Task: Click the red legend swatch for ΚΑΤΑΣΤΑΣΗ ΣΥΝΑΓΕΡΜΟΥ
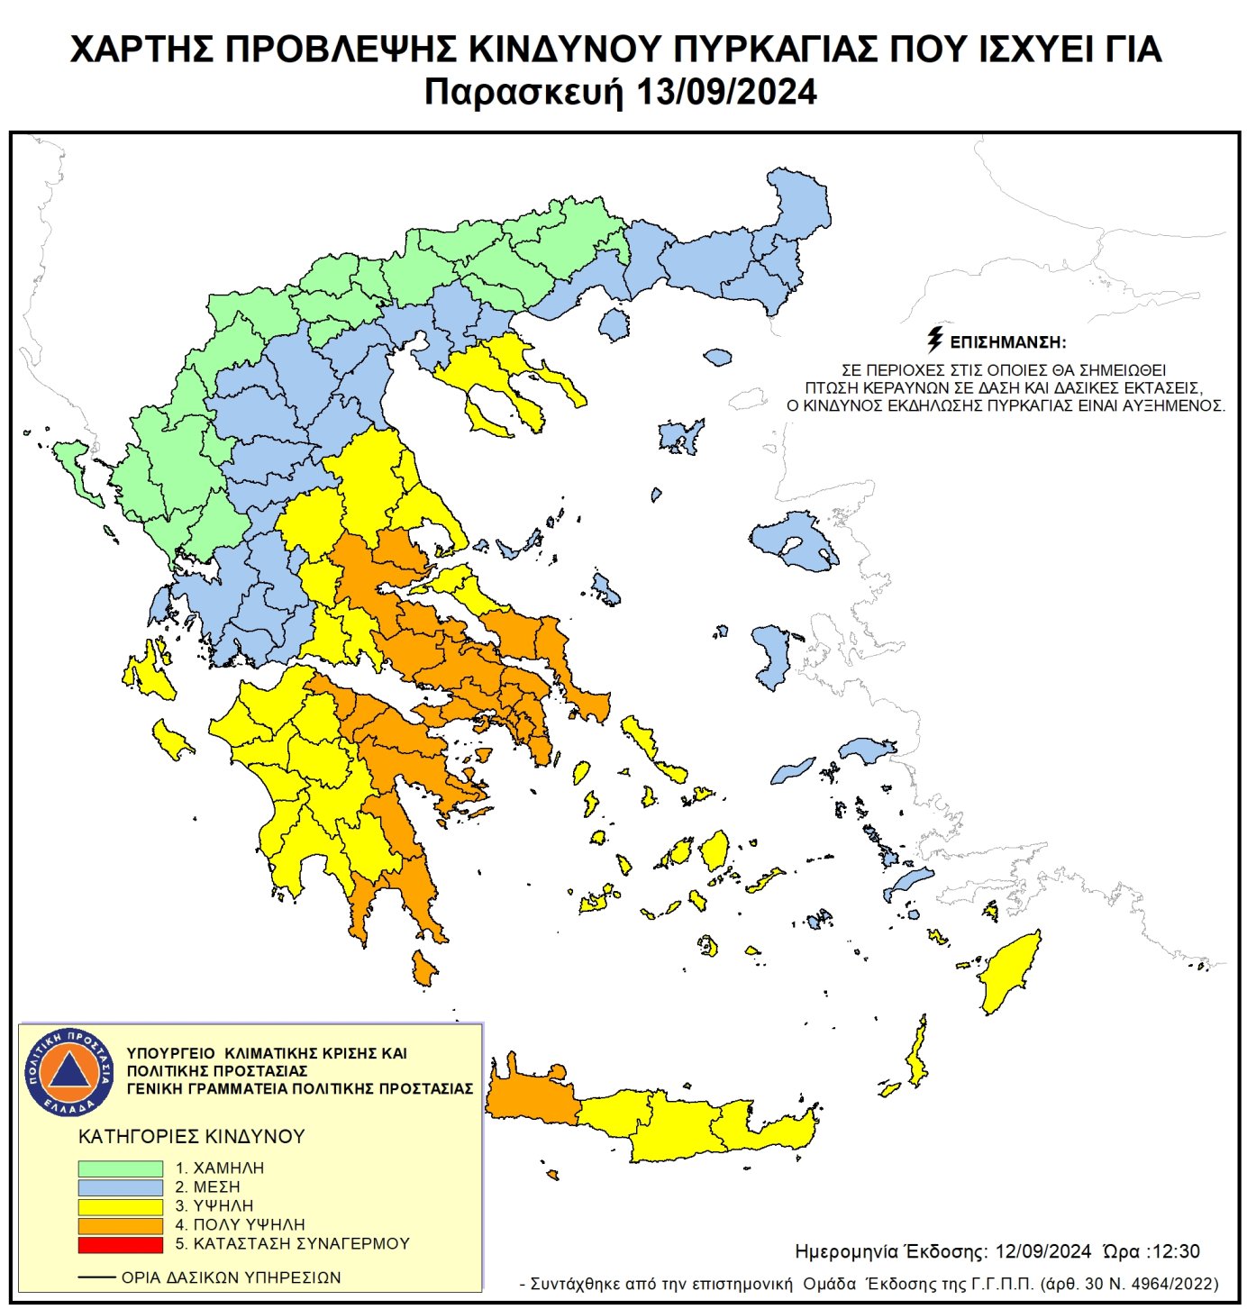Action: pyautogui.click(x=120, y=1244)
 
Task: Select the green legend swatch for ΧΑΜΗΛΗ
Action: pyautogui.click(x=120, y=1168)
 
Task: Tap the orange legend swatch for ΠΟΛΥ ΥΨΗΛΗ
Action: pyautogui.click(x=120, y=1225)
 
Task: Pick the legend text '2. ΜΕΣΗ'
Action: pyautogui.click(x=207, y=1187)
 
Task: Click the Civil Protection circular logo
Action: pyautogui.click(x=69, y=1071)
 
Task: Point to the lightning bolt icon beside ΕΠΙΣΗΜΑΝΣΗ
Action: pyautogui.click(x=935, y=340)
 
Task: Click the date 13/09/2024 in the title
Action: pyautogui.click(x=726, y=92)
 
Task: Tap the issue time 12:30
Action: pyautogui.click(x=1176, y=1251)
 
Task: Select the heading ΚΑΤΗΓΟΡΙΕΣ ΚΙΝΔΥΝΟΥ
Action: pyautogui.click(x=192, y=1137)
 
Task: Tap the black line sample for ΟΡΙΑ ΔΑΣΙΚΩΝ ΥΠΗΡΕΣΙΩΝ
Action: pyautogui.click(x=96, y=1277)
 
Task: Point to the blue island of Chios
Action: pyautogui.click(x=771, y=653)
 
